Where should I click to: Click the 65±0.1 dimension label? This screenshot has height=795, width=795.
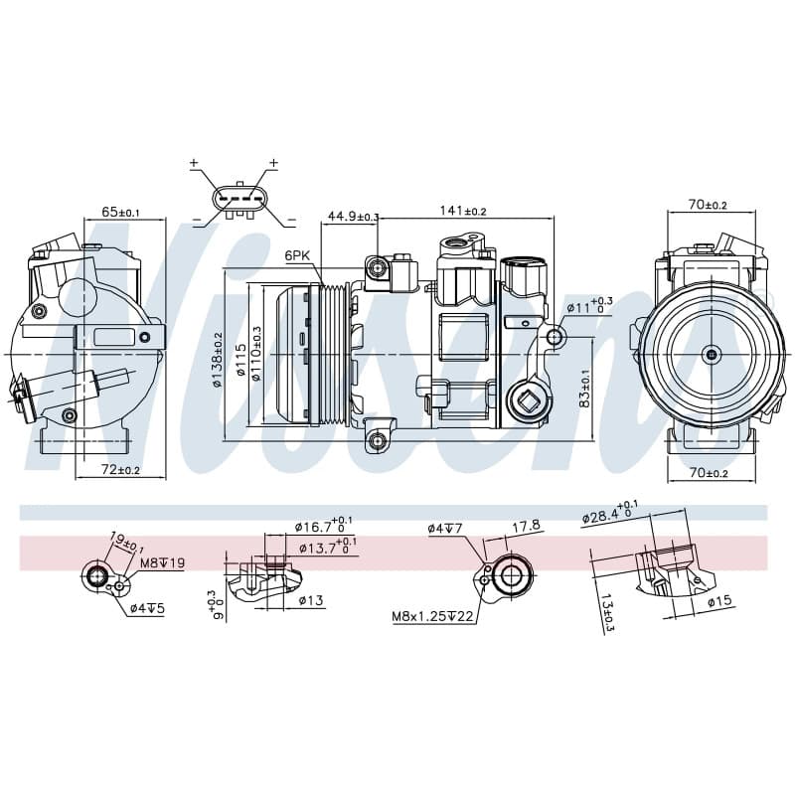[x=120, y=212]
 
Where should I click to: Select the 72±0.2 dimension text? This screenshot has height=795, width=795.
[x=120, y=470]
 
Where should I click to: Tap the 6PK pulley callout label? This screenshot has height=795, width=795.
[x=297, y=255]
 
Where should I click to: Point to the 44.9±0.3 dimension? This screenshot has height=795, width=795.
[x=354, y=216]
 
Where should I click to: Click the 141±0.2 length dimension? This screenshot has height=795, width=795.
[x=463, y=210]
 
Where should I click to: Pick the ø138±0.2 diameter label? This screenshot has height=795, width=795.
[x=218, y=360]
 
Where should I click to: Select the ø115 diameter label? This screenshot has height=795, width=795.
[x=241, y=360]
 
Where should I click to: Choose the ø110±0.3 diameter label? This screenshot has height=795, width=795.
[x=256, y=354]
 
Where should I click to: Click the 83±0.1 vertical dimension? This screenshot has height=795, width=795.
[x=584, y=389]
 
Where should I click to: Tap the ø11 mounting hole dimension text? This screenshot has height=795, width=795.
[x=589, y=306]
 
